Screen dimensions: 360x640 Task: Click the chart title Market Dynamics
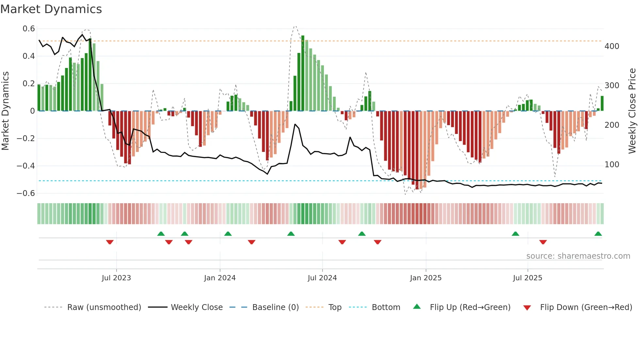[51, 9]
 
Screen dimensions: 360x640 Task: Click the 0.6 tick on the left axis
[29, 29]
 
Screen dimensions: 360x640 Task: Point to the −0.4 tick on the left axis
[26, 166]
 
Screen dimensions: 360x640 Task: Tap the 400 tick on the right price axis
[612, 46]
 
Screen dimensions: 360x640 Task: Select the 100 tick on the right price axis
[612, 165]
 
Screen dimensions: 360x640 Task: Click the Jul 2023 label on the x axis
[116, 278]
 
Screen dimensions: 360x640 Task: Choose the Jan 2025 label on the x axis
[425, 278]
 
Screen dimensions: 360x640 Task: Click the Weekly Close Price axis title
[632, 111]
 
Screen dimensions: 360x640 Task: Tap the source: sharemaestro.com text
[578, 256]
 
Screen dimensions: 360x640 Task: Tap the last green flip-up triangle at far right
[598, 234]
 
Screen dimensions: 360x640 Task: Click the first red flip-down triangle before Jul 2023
[110, 242]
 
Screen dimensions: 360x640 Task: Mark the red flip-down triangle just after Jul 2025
[543, 242]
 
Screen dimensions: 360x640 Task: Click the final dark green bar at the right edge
[602, 103]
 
